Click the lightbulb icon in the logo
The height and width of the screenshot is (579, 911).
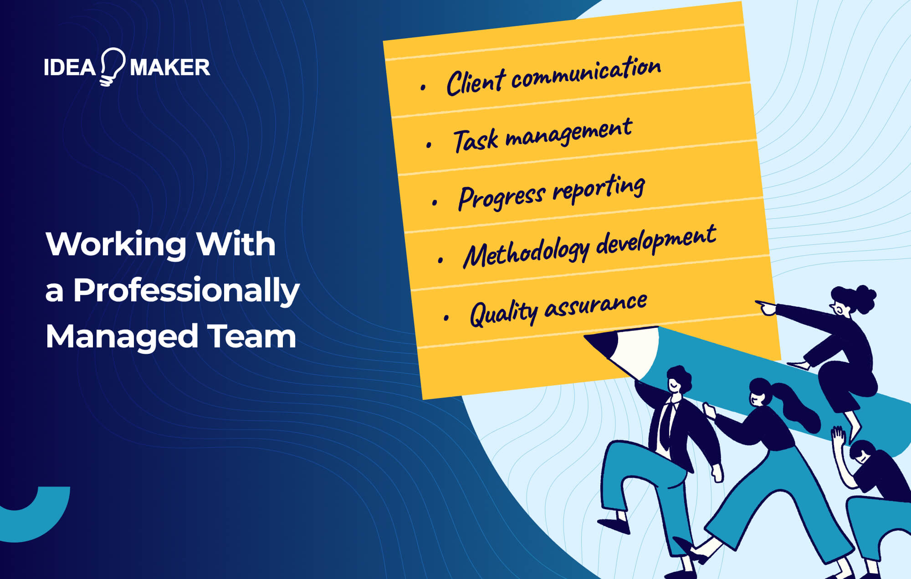(112, 66)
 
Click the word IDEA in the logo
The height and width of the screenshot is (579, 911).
(70, 67)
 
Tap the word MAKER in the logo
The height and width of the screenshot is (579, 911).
(170, 67)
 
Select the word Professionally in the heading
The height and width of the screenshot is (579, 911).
(186, 291)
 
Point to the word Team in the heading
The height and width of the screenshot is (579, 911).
(252, 336)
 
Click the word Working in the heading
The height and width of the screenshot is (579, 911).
(116, 244)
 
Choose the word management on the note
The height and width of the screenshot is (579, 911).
(569, 132)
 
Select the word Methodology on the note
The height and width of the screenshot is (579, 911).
(526, 253)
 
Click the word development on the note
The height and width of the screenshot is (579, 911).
(656, 240)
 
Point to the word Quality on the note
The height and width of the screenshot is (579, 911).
(503, 313)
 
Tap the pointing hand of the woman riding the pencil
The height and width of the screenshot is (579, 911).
(767, 308)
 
